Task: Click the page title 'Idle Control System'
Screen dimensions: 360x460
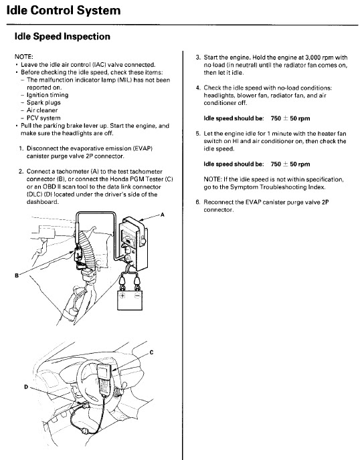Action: pyautogui.click(x=64, y=10)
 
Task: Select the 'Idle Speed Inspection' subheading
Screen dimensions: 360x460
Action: pyautogui.click(x=62, y=36)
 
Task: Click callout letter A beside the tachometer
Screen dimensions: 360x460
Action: pyautogui.click(x=163, y=215)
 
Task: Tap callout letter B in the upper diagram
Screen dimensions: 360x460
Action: pyautogui.click(x=17, y=275)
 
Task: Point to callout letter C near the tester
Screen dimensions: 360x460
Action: pyautogui.click(x=151, y=352)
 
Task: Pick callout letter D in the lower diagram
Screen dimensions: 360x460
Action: pyautogui.click(x=26, y=387)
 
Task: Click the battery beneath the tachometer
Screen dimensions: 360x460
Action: pyautogui.click(x=130, y=300)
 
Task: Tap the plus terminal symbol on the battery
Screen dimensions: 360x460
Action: pyautogui.click(x=122, y=295)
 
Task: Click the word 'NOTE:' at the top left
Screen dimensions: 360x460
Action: pyautogui.click(x=24, y=57)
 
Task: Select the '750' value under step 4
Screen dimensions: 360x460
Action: pyautogui.click(x=276, y=118)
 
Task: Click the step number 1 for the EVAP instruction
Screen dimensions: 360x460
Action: pyautogui.click(x=21, y=148)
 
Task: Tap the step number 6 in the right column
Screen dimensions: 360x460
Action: pyautogui.click(x=197, y=202)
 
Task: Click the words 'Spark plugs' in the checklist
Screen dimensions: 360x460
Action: pyautogui.click(x=43, y=103)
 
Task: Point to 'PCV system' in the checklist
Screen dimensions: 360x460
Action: pyautogui.click(x=43, y=118)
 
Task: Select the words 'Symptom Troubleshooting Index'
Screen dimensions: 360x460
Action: pyautogui.click(x=277, y=187)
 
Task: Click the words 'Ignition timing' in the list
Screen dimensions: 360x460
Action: pyautogui.click(x=48, y=95)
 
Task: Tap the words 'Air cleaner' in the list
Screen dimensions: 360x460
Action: pyautogui.click(x=42, y=110)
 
